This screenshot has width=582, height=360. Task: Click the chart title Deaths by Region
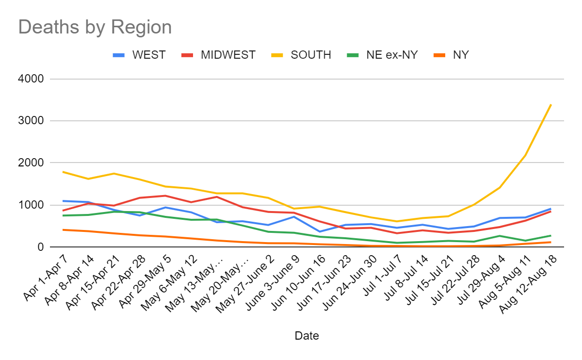pos(95,27)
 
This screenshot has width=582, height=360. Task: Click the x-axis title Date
pos(307,336)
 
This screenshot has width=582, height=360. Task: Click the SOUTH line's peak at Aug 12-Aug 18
pos(551,104)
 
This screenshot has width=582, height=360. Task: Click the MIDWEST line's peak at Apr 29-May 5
pos(166,196)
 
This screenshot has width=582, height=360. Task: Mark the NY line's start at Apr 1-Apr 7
pos(63,229)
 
